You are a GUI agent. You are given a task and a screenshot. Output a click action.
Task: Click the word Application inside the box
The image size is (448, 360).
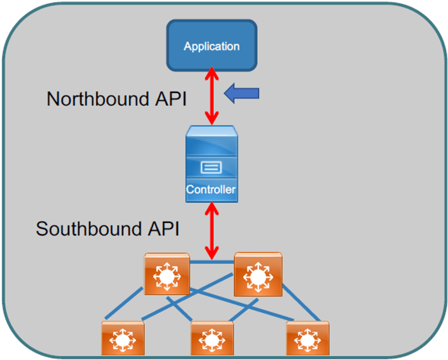212,46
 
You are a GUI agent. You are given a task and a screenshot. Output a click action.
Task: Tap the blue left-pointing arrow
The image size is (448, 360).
242,95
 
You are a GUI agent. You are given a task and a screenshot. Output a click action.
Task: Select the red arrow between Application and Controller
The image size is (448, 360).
212,95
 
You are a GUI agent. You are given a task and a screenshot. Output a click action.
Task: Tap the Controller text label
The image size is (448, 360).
211,190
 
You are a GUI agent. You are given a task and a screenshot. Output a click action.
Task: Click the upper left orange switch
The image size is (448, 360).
166,274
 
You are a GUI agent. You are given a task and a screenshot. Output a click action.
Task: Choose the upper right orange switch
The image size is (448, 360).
257,274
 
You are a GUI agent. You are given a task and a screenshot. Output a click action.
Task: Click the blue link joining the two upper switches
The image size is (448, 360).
212,261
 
